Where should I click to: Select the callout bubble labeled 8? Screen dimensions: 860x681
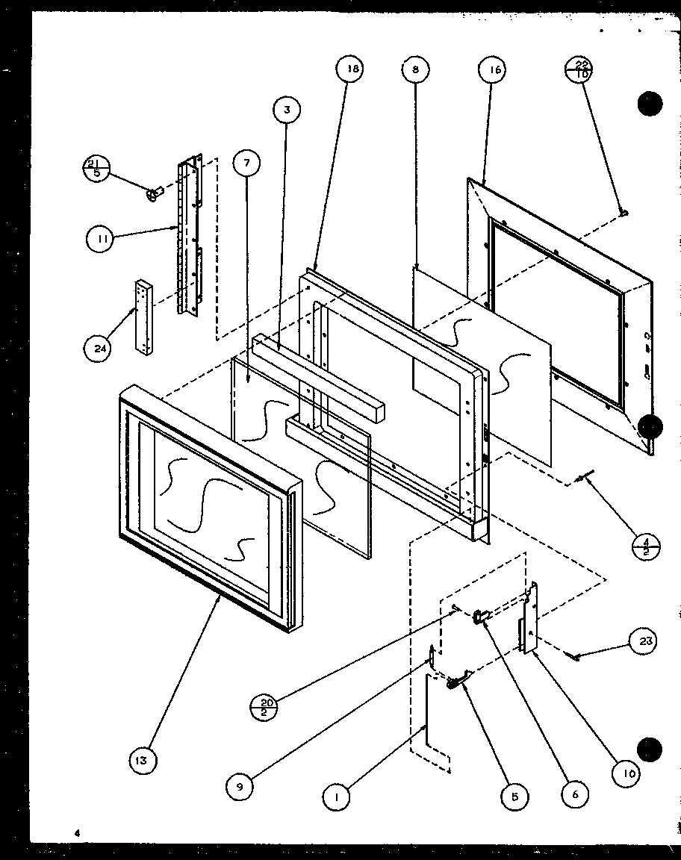click(x=414, y=69)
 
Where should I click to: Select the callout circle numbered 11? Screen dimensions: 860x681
click(x=99, y=239)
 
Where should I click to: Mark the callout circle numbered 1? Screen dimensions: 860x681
click(x=337, y=797)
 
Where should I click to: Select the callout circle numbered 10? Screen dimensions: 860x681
click(x=627, y=774)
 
